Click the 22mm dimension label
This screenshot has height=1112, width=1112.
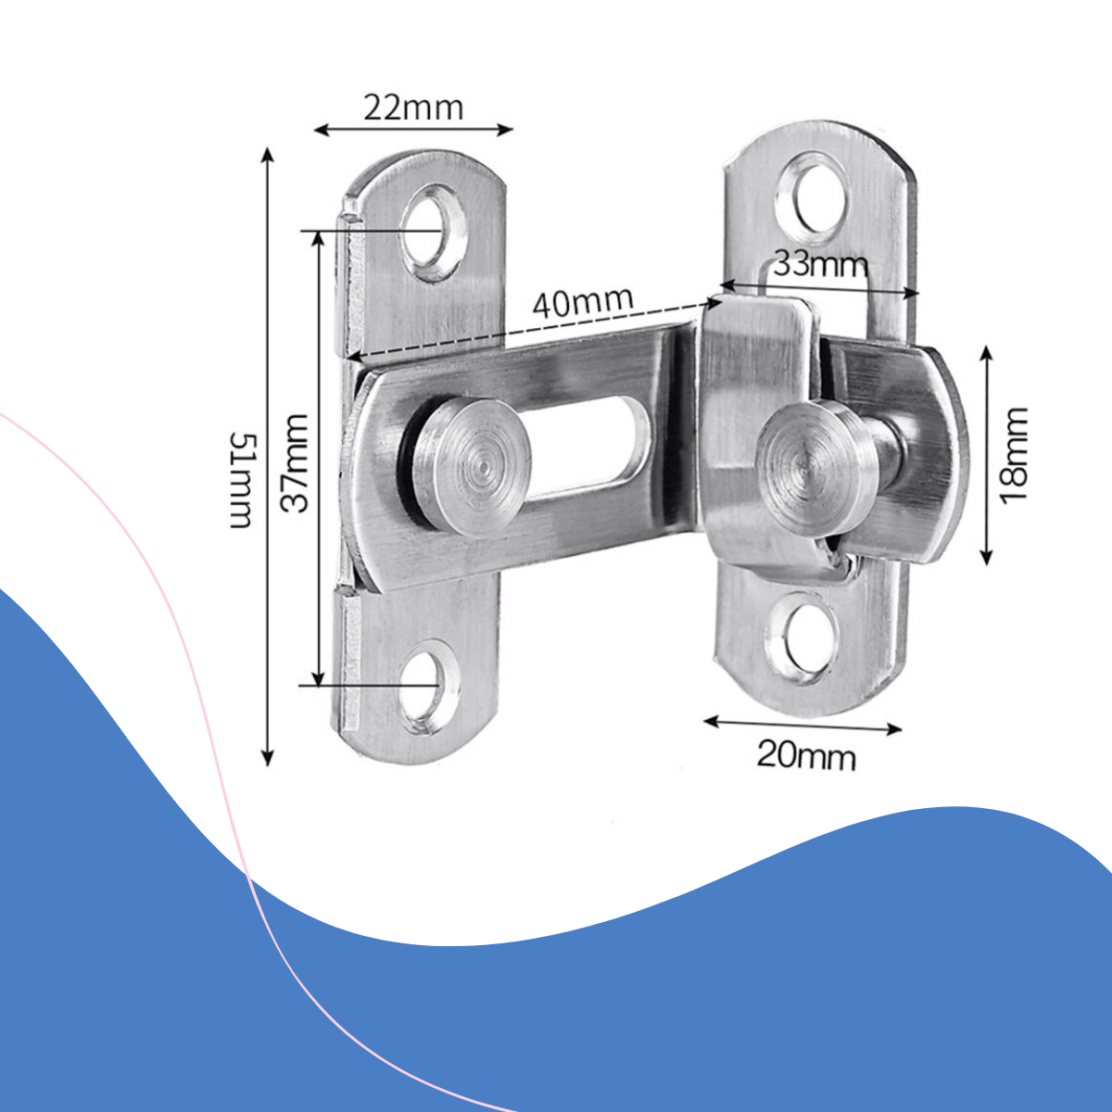(413, 107)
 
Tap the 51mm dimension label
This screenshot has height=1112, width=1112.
(242, 480)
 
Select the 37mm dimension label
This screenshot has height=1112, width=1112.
(295, 462)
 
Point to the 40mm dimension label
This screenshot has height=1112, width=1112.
(583, 302)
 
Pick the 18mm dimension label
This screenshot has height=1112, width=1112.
(1015, 456)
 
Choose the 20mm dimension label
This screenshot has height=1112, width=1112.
(806, 756)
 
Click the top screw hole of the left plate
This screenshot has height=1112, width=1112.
(433, 233)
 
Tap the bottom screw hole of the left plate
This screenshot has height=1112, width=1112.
(428, 685)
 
